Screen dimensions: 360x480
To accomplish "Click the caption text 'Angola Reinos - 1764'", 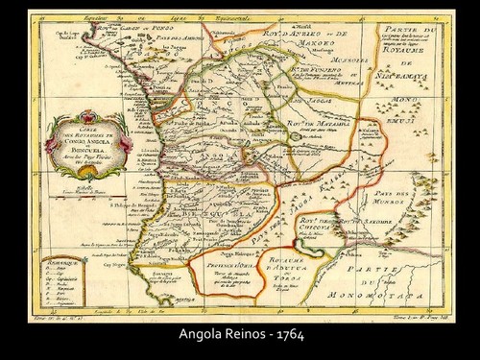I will (239, 337).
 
